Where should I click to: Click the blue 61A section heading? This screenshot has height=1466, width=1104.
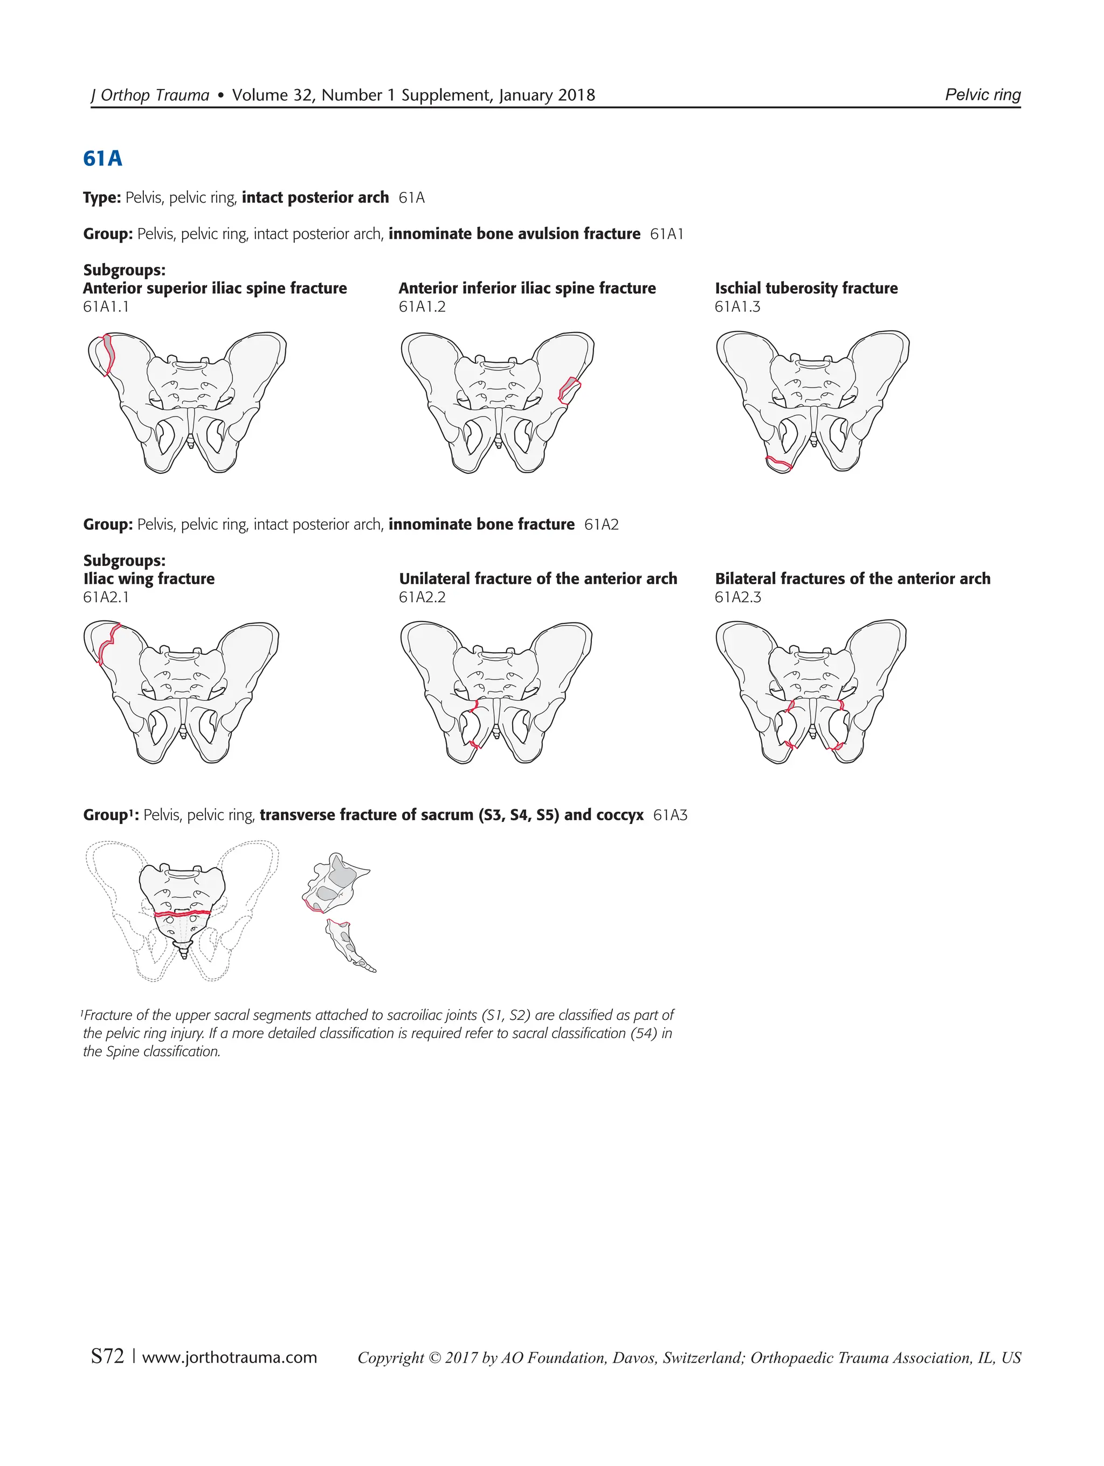pyautogui.click(x=103, y=159)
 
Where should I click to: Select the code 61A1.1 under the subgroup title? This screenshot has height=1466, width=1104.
pyautogui.click(x=106, y=307)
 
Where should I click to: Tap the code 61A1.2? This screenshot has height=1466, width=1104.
pyautogui.click(x=422, y=307)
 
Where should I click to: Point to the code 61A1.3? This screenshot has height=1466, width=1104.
pyautogui.click(x=737, y=307)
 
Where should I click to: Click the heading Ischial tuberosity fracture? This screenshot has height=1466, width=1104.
pyautogui.click(x=806, y=288)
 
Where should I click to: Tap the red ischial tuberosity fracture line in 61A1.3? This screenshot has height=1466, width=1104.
pyautogui.click(x=778, y=462)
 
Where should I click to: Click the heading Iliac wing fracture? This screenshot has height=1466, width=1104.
pyautogui.click(x=149, y=578)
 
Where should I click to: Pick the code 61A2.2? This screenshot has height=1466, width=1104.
pyautogui.click(x=422, y=597)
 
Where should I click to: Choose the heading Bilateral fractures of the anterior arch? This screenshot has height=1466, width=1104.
pyautogui.click(x=852, y=578)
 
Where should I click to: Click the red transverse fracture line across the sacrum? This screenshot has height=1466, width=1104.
pyautogui.click(x=182, y=913)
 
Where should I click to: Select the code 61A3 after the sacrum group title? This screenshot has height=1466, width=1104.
pyautogui.click(x=670, y=815)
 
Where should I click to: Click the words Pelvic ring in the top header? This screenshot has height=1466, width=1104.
pyautogui.click(x=983, y=95)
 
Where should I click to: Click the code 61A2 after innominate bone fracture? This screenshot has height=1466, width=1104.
pyautogui.click(x=601, y=525)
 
